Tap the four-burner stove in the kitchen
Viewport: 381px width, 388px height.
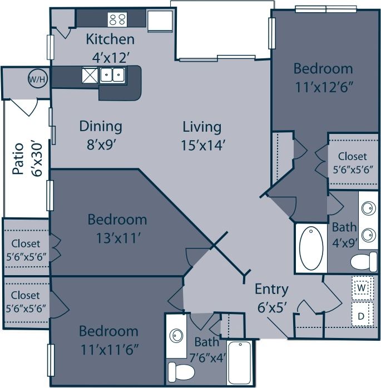point(117,19)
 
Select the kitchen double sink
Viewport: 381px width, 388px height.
point(112,74)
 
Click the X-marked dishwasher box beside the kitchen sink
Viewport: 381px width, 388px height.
point(90,74)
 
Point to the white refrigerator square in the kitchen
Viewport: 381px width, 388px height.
point(159,21)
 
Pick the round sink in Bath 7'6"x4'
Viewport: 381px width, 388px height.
point(177,336)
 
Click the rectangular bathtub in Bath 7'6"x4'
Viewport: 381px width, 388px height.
point(240,362)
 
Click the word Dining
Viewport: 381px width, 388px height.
point(101,126)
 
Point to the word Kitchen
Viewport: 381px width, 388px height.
point(110,39)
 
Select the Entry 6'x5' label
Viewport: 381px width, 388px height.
point(271,297)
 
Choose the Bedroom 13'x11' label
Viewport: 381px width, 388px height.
point(117,228)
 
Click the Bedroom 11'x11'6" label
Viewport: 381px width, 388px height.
point(108,340)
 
